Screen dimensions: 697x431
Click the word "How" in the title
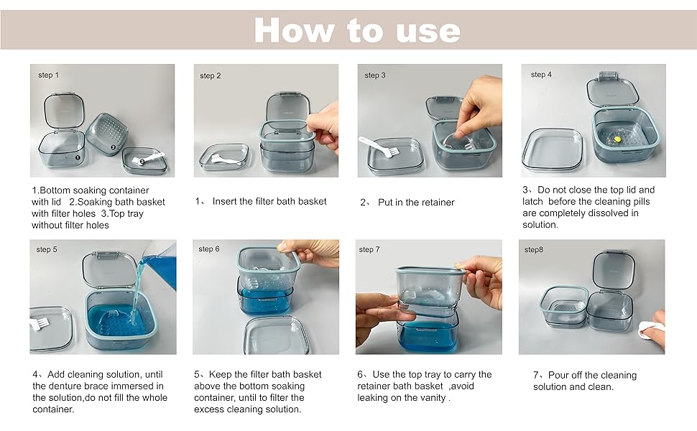[x=294, y=30]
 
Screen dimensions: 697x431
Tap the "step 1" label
[x=48, y=75]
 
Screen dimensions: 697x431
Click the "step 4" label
[x=541, y=75]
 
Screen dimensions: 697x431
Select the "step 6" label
[x=209, y=249]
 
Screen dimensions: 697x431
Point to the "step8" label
[x=533, y=249]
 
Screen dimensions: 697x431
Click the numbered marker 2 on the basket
[x=113, y=147]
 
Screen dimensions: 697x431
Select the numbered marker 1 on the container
[x=78, y=157]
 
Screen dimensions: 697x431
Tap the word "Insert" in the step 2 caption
[x=226, y=201]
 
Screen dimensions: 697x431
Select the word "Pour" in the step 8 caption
[x=558, y=375]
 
